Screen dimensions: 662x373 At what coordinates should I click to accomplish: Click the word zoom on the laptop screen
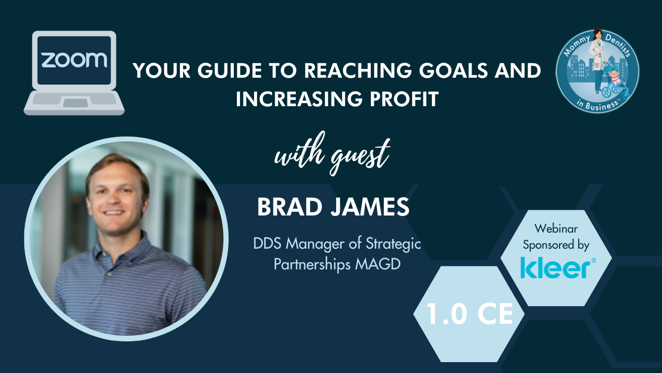[74, 60]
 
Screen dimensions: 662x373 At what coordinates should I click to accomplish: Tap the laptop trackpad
[76, 103]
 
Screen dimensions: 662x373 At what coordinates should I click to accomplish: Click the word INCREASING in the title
[299, 98]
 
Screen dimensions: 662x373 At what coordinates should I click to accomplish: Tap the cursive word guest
[360, 155]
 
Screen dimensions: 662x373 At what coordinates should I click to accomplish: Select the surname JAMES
[370, 207]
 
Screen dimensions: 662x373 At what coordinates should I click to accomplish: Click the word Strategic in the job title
[393, 244]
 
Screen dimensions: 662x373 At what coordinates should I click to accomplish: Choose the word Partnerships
[312, 264]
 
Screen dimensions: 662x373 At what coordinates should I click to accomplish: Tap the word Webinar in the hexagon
[556, 228]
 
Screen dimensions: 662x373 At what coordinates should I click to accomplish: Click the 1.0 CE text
[469, 314]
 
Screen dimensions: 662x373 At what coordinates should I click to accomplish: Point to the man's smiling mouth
[114, 212]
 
